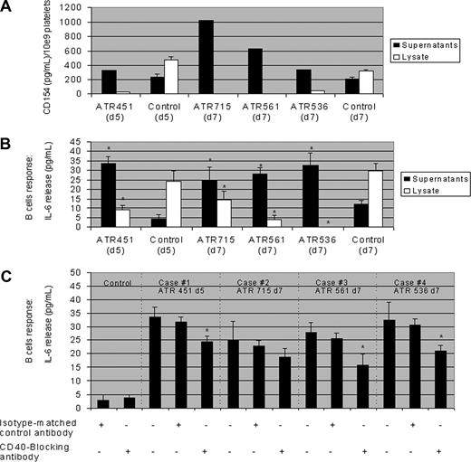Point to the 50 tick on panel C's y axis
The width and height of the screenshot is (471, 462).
tap(80, 271)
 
